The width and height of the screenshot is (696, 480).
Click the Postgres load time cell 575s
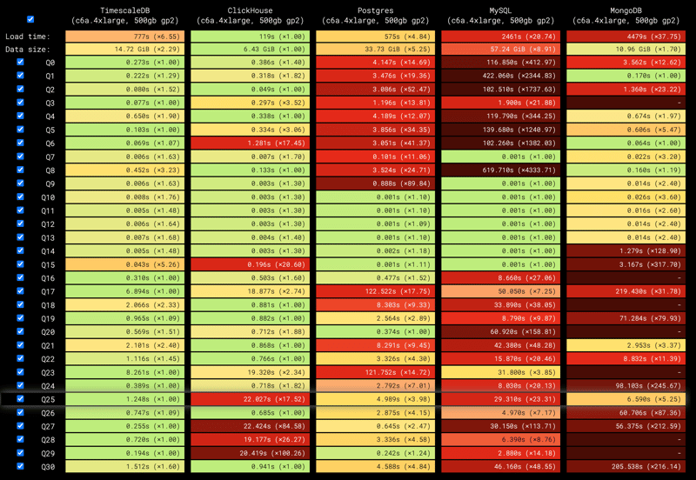377,37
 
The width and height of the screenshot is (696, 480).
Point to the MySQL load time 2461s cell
502,37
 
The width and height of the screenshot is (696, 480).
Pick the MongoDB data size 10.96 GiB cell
627,50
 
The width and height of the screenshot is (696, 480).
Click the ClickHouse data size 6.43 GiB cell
251,50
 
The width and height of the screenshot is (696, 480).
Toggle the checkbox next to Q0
21,63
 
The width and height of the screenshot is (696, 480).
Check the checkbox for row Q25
21,399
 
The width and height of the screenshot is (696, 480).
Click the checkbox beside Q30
21,466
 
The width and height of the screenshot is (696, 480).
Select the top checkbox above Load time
30,18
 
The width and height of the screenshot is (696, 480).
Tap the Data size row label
27,50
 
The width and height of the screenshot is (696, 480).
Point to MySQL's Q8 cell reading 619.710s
502,170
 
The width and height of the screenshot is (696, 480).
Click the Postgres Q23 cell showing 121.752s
377,372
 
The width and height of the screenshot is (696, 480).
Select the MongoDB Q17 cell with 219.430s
627,291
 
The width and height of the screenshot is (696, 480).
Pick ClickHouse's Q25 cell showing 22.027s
251,399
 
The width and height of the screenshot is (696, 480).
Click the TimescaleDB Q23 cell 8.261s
127,372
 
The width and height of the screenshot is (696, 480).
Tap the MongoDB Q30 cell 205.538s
627,466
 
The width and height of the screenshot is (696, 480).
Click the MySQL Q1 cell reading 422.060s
502,77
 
